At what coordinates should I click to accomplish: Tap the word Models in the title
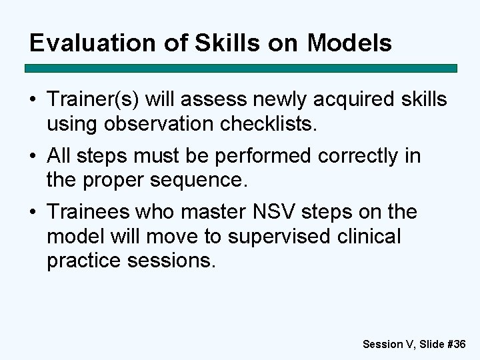click(349, 43)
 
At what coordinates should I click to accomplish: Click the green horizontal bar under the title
click(241, 68)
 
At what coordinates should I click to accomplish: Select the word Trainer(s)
click(93, 100)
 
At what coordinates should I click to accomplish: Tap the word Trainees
click(89, 213)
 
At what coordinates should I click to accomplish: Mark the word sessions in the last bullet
click(171, 261)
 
